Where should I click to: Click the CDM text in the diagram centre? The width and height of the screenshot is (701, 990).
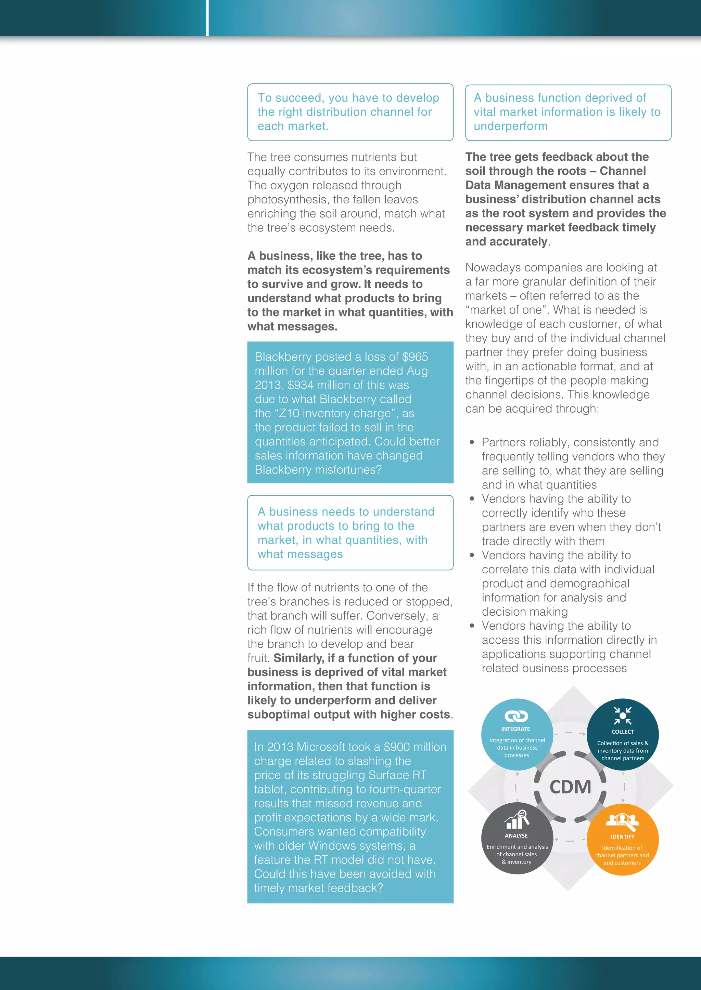point(570,787)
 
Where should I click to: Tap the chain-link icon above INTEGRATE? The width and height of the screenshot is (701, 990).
point(516,716)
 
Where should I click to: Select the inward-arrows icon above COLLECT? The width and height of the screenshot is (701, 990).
point(622,716)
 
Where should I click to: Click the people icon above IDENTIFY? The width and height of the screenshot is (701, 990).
point(622,820)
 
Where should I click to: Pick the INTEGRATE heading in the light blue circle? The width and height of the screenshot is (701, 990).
point(515,729)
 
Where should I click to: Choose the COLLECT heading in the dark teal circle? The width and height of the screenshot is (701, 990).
point(622,732)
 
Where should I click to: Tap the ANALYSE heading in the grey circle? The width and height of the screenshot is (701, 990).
point(516,835)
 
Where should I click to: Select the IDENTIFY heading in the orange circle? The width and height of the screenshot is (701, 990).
point(622,837)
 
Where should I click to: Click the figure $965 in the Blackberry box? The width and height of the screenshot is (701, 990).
point(415,357)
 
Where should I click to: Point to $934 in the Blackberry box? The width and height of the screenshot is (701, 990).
point(301,385)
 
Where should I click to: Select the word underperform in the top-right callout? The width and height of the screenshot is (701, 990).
point(511,126)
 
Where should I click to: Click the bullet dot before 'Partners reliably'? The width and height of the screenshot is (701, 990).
point(472,442)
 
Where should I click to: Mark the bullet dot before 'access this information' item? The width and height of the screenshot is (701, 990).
point(472,626)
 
